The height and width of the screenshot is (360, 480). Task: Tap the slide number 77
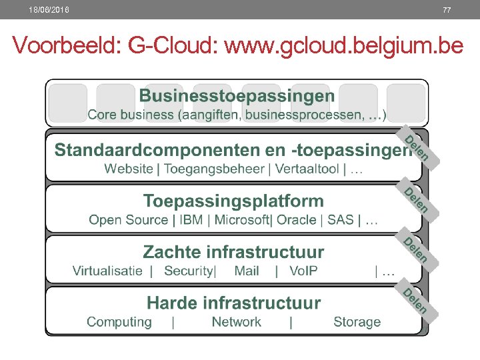point(446,10)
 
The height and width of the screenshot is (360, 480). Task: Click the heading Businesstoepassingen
point(237,96)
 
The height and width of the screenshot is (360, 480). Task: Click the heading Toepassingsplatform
point(233,201)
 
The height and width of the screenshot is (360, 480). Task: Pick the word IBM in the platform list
point(193,219)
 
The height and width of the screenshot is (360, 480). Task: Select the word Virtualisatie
point(107,271)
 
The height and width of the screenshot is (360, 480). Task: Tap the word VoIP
point(303,271)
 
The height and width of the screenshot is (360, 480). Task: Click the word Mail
point(247,271)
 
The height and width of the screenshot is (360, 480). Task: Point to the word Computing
point(119,322)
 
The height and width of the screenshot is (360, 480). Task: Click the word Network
point(236,322)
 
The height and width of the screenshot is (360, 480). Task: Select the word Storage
point(357,322)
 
